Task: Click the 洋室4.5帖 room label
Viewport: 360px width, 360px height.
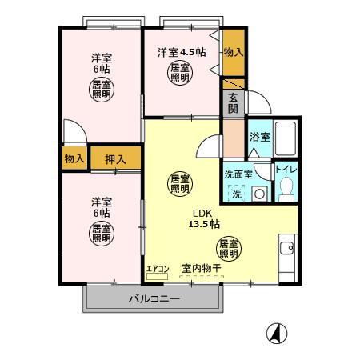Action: click(x=182, y=52)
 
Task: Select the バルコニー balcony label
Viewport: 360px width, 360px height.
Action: click(x=154, y=300)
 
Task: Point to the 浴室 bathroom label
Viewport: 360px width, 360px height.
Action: click(x=260, y=137)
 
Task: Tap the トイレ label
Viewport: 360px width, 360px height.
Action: click(x=286, y=169)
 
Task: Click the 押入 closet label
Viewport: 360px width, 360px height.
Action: click(x=116, y=158)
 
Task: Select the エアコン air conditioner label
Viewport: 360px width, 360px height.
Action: click(x=158, y=269)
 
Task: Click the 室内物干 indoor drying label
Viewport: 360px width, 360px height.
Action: click(x=201, y=269)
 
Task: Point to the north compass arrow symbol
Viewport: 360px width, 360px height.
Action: click(x=276, y=332)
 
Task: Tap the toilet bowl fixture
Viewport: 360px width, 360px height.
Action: click(x=286, y=190)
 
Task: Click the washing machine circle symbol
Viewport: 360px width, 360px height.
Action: click(x=260, y=194)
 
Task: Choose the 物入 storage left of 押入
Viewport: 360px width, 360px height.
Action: click(x=74, y=158)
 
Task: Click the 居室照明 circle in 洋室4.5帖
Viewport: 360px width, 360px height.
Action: click(x=179, y=74)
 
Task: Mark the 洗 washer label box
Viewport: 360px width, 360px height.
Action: click(x=237, y=194)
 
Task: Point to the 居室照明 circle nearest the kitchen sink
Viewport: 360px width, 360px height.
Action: click(x=229, y=248)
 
